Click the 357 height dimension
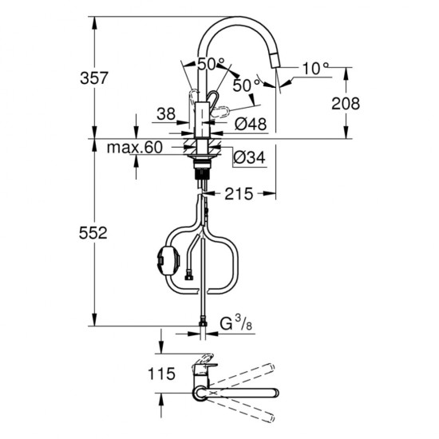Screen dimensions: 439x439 (x=94, y=78)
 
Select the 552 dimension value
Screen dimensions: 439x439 (x=93, y=233)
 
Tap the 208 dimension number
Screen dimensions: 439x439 (x=346, y=103)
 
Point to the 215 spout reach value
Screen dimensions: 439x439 (x=239, y=194)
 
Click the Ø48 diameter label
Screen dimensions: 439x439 (x=251, y=124)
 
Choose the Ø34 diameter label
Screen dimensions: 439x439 (x=249, y=157)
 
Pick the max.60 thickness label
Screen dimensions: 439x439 (x=135, y=147)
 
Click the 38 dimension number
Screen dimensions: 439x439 (x=166, y=114)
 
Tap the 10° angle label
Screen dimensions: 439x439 (x=315, y=68)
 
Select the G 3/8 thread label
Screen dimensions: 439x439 (x=235, y=323)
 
